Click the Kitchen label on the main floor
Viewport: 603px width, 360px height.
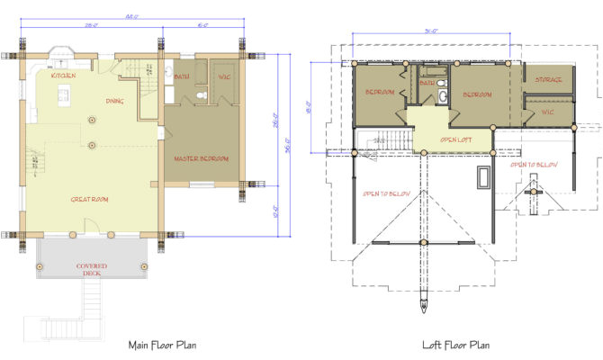tap(63, 76)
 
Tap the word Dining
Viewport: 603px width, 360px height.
tap(114, 101)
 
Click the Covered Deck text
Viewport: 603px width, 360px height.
tap(92, 270)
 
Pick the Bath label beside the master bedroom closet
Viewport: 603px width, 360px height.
tap(182, 77)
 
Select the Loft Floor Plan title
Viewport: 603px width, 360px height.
tap(455, 344)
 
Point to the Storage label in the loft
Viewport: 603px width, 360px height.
tap(548, 80)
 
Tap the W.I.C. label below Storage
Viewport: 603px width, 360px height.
tap(547, 112)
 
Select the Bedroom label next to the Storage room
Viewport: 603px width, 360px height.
tap(476, 94)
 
